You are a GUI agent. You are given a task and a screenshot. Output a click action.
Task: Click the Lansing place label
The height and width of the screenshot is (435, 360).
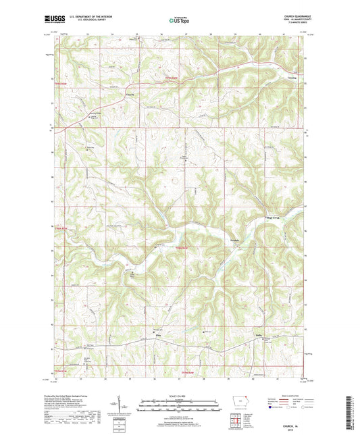293,78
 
